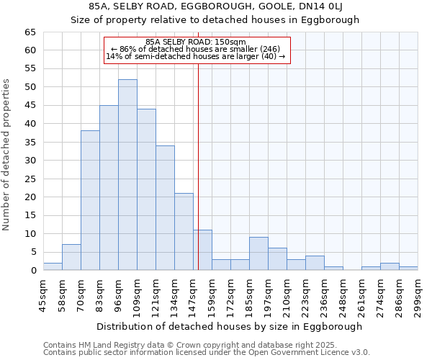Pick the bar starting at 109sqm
(146, 189)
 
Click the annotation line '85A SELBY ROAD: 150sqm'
(195, 42)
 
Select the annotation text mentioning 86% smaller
(195, 49)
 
